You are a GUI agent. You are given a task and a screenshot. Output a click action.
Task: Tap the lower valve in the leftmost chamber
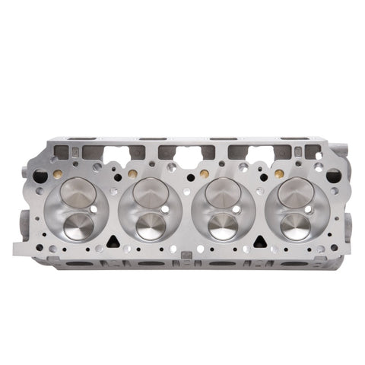79,224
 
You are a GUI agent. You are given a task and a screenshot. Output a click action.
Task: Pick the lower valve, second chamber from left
151,225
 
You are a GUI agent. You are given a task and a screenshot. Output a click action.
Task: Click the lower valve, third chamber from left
223,225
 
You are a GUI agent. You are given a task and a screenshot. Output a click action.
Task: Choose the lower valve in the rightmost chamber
295,225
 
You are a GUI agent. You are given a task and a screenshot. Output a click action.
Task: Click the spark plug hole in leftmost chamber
94,208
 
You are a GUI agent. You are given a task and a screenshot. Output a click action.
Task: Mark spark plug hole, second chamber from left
167,208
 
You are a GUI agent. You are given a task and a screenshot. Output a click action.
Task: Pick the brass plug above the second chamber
132,174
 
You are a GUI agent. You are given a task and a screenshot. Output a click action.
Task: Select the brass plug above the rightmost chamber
276,174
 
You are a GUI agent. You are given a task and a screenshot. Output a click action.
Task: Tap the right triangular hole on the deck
257,242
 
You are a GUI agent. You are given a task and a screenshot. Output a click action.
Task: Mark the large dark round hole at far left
40,176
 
